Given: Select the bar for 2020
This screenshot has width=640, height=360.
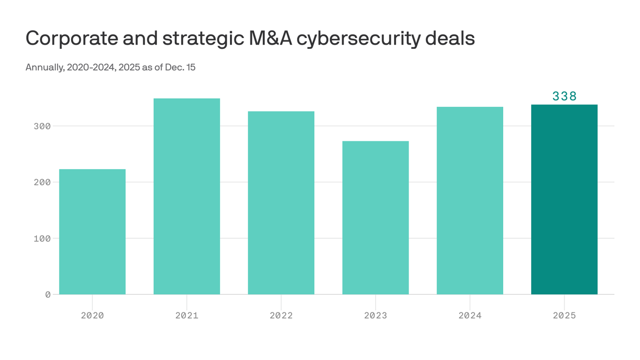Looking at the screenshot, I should [92, 232].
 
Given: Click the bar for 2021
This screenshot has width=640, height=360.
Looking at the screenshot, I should [186, 196].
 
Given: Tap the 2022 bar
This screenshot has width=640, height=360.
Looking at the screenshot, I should [281, 202].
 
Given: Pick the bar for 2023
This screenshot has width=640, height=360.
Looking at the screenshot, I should [375, 217].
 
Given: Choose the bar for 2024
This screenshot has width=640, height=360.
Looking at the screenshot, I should [470, 201].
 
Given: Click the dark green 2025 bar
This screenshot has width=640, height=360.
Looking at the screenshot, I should [564, 199].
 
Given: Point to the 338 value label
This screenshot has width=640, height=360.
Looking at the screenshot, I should [564, 96].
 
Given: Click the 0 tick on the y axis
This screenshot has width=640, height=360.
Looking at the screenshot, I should [48, 294].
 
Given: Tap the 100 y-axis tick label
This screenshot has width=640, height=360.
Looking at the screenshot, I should [42, 238].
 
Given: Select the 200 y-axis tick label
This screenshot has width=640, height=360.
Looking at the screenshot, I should [42, 182].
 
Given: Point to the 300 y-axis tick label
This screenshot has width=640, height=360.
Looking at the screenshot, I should [42, 126].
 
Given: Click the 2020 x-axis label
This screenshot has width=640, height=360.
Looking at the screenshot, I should [92, 315].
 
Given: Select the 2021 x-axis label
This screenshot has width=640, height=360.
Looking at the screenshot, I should [186, 315].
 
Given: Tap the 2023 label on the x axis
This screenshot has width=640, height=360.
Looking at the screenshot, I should [375, 315].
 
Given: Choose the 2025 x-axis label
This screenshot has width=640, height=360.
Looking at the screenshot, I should [564, 315].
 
